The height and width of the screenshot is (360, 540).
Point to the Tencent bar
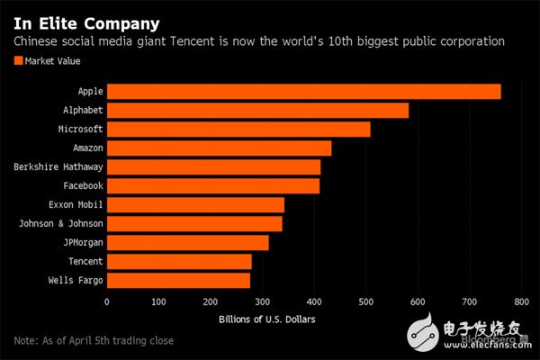(179, 261)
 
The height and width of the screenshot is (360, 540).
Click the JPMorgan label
(79, 242)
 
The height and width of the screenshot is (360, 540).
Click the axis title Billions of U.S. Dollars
(266, 319)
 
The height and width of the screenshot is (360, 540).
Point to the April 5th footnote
(94, 340)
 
